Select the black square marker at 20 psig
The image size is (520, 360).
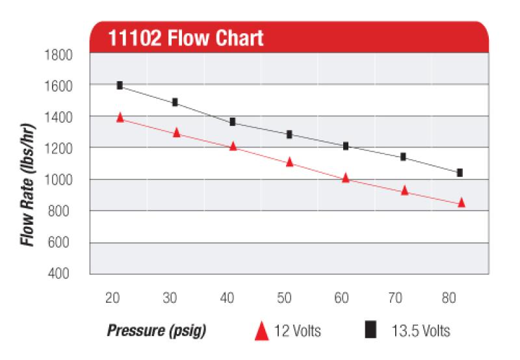[120, 85]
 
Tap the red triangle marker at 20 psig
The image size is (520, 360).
[120, 118]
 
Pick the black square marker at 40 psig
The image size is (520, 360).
[233, 122]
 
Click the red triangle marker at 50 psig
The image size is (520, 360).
[290, 162]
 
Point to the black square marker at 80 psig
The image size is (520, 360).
[460, 172]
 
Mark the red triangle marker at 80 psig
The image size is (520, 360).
[461, 203]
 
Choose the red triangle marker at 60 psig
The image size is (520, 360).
[346, 177]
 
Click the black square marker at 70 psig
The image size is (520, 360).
[403, 157]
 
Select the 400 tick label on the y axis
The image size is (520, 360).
[65, 274]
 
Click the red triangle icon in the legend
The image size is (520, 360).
[262, 331]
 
